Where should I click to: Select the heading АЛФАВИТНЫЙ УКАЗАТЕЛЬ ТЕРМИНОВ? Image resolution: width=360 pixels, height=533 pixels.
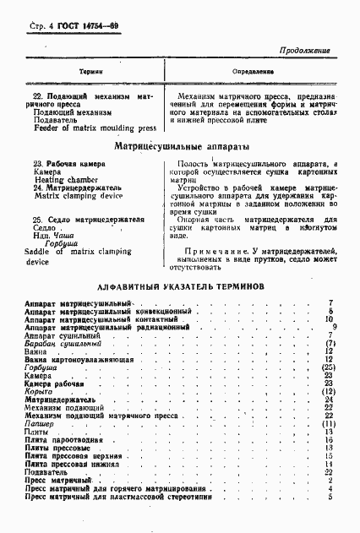(182, 286)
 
